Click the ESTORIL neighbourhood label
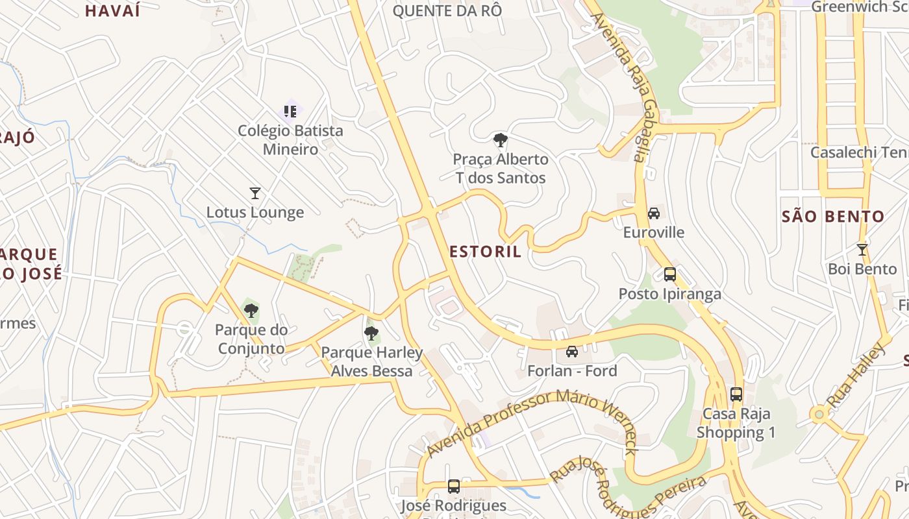click(485, 252)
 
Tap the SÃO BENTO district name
click(833, 217)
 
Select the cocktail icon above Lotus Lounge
click(255, 193)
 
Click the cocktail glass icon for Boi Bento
click(862, 249)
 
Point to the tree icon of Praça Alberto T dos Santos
click(500, 139)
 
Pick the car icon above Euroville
click(654, 213)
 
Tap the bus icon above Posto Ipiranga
click(670, 274)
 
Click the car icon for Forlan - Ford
click(572, 352)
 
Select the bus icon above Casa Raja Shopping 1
click(736, 394)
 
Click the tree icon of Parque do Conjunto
click(251, 311)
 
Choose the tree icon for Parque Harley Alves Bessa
click(371, 333)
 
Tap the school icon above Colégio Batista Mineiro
click(290, 112)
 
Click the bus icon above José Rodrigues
click(454, 486)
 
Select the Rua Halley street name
click(856, 376)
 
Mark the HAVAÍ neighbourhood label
click(112, 10)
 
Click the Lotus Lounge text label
click(255, 212)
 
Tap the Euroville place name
click(654, 232)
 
